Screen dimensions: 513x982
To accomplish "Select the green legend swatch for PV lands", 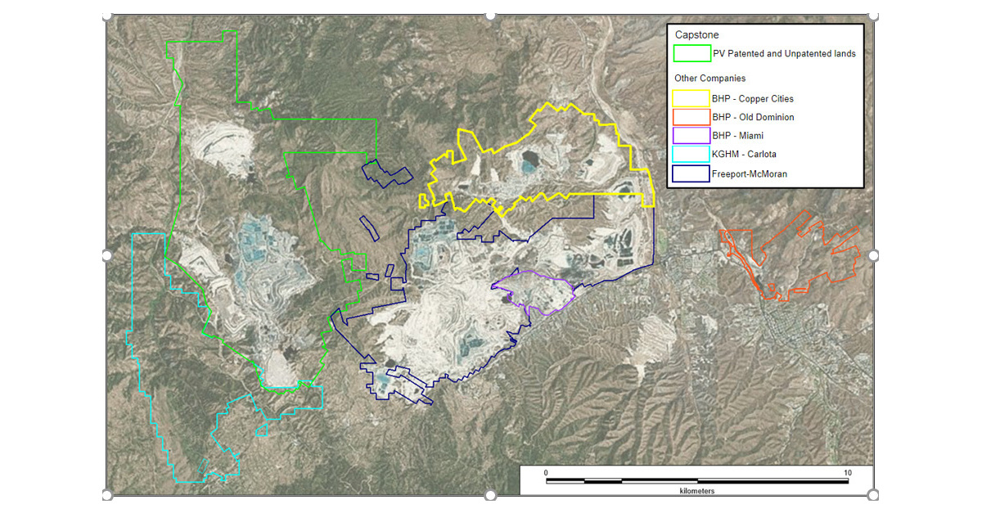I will click(691, 54).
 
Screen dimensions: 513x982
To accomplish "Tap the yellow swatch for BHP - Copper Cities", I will click(691, 98).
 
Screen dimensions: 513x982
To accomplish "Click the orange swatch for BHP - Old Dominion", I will click(691, 117).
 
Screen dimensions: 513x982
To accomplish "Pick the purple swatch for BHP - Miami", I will click(691, 136).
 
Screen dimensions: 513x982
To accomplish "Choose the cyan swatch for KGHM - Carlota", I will click(691, 155).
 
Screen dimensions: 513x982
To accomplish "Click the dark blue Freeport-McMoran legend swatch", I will click(691, 173).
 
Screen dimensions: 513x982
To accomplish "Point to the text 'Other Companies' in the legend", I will click(709, 79).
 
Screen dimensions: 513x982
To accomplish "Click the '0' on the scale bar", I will click(546, 473).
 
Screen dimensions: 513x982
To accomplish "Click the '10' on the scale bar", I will click(848, 473).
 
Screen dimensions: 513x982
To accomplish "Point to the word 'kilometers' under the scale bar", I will click(696, 491).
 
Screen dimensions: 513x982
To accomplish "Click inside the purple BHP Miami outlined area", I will click(536, 290).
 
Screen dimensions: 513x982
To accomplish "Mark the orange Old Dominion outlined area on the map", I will click(810, 245).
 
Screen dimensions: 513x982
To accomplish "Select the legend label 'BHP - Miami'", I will click(738, 136).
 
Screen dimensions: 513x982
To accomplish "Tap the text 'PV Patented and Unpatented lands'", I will click(784, 54).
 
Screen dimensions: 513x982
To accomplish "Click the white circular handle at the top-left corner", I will click(107, 16).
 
